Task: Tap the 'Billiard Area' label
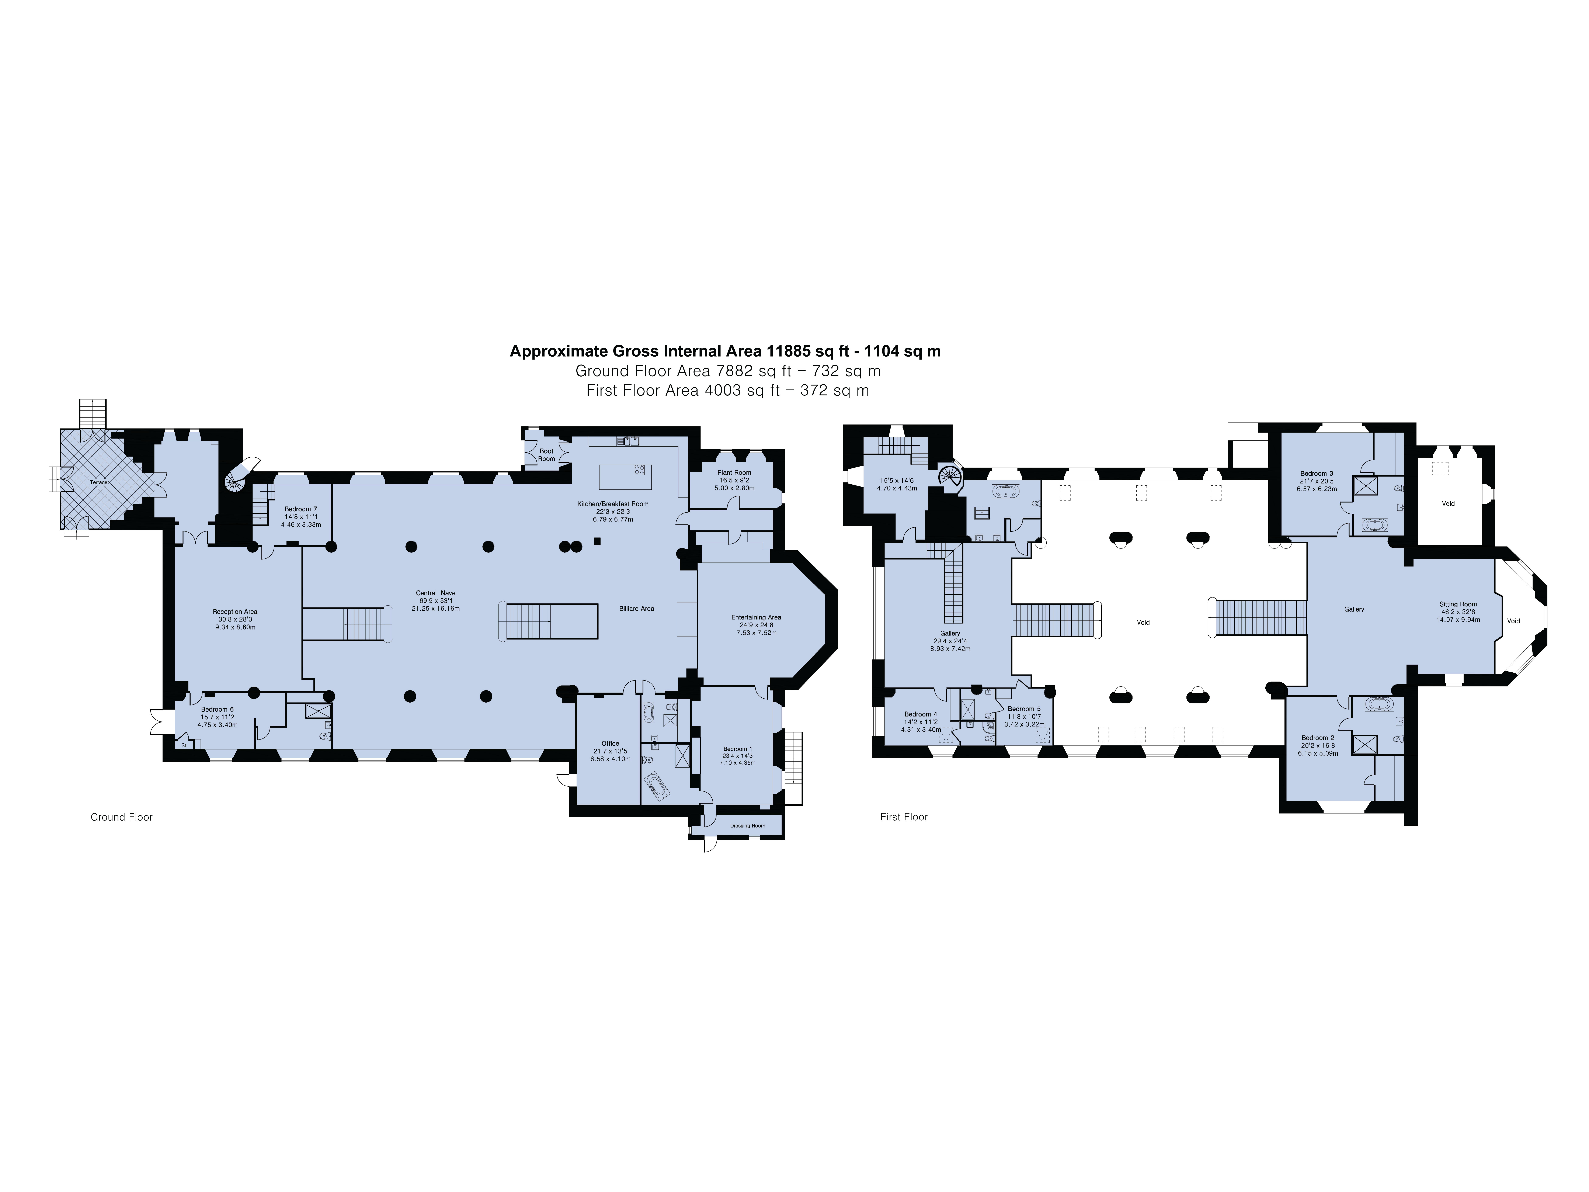click(x=636, y=609)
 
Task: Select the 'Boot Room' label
click(x=547, y=455)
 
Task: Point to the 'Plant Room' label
click(x=734, y=473)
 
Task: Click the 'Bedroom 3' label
click(x=1317, y=474)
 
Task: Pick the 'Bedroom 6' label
click(x=217, y=709)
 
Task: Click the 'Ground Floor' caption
click(x=121, y=817)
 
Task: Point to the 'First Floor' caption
click(x=904, y=817)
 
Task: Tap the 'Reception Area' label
click(x=235, y=611)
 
